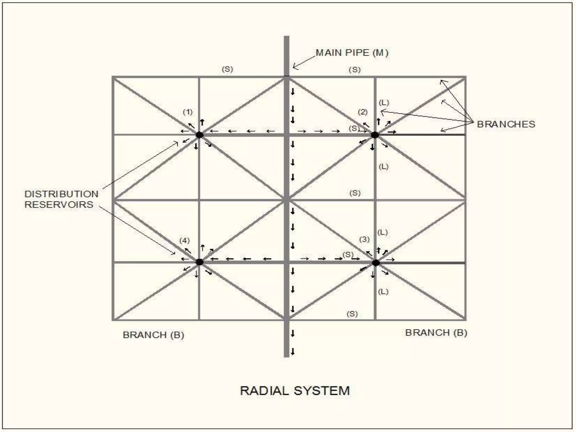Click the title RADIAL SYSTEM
(295, 391)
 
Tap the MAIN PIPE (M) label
(352, 53)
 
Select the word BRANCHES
(506, 124)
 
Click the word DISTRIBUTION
(61, 194)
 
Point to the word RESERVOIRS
(59, 204)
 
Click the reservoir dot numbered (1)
(199, 135)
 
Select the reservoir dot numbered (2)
(375, 135)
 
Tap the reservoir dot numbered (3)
(376, 263)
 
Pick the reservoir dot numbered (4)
(199, 262)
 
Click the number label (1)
(188, 112)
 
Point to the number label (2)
(363, 112)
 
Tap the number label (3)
(364, 239)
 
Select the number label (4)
(184, 240)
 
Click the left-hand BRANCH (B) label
(153, 335)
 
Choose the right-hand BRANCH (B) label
(436, 333)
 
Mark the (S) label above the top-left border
(228, 69)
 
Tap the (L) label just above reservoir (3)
(382, 232)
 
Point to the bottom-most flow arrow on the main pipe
(293, 351)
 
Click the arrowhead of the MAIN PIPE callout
(294, 67)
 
